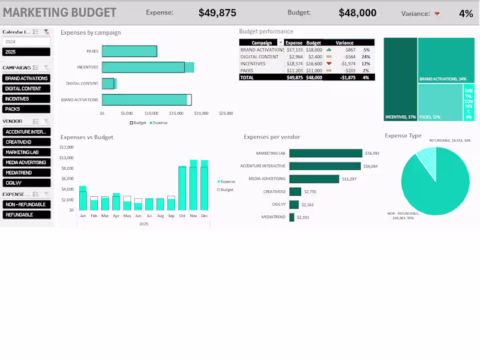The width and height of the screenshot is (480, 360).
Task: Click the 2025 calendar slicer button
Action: click(x=26, y=52)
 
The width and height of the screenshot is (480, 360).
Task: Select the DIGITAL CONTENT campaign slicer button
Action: click(x=26, y=89)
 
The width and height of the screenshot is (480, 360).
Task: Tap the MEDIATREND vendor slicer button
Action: click(x=26, y=172)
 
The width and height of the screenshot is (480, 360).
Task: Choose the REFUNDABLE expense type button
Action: click(x=26, y=214)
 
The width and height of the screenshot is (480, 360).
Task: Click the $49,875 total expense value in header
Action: click(x=217, y=13)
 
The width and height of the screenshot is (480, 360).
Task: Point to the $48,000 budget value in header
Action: click(x=358, y=13)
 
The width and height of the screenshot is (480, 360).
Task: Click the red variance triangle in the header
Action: click(x=437, y=13)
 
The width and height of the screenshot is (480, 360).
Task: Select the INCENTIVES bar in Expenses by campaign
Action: click(x=147, y=67)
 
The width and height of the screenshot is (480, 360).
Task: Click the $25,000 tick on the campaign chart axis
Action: click(x=226, y=113)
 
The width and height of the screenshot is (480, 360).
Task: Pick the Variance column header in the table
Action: click(x=344, y=43)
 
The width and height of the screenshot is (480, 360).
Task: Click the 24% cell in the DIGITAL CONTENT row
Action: click(x=365, y=56)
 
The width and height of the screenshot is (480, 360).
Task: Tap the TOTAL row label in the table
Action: click(x=247, y=77)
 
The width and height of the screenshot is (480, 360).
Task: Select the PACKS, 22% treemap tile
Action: click(x=439, y=102)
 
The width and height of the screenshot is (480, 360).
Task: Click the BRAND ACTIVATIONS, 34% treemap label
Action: click(x=442, y=79)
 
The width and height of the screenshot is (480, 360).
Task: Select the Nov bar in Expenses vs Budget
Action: click(x=193, y=186)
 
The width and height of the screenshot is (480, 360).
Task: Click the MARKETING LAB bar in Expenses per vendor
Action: click(x=326, y=153)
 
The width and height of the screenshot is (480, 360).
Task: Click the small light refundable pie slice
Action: click(x=426, y=159)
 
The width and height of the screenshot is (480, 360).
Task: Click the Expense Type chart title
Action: click(x=403, y=136)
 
